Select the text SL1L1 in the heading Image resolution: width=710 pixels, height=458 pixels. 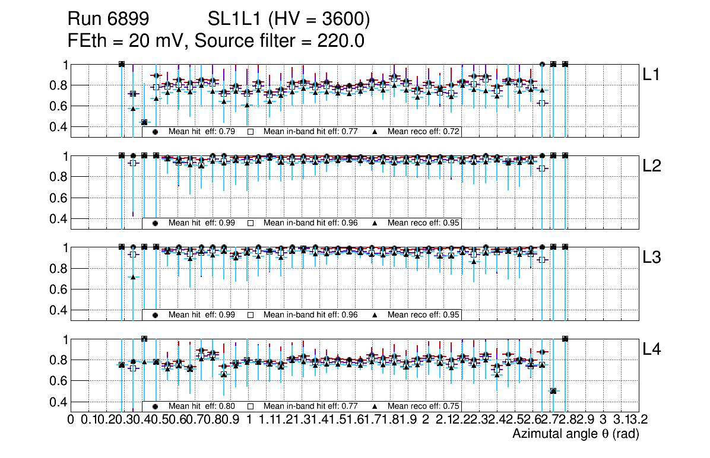[235, 20]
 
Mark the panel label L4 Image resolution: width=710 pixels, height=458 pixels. [652, 349]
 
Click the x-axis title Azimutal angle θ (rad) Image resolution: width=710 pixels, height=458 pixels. [575, 434]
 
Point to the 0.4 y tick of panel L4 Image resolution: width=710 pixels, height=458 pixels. [58, 402]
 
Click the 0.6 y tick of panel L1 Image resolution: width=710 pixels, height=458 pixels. [58, 106]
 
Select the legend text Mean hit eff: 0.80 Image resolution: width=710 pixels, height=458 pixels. [202, 406]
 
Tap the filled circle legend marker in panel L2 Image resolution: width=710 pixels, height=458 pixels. [155, 224]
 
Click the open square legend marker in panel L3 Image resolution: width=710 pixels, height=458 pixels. [251, 315]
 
